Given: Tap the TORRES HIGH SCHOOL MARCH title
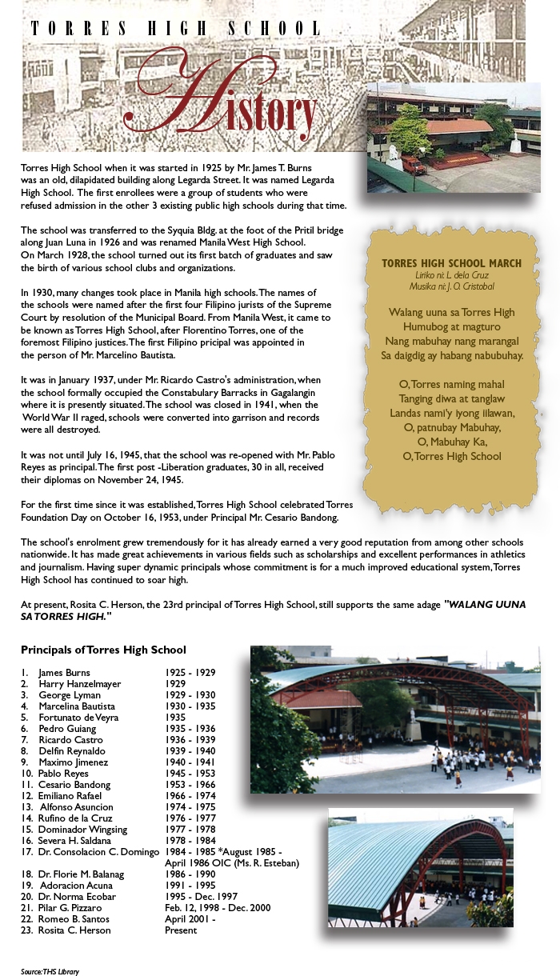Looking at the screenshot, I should point(451,263).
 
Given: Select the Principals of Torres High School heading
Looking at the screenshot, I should point(103,650).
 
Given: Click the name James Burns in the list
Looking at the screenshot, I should point(64,673).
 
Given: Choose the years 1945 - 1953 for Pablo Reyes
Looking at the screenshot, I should point(190,774).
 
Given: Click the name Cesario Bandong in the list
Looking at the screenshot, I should point(74,785).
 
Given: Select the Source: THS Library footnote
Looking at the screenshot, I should point(50,971).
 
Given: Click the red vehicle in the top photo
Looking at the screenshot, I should point(414,165).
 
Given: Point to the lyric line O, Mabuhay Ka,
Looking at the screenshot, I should point(452,442).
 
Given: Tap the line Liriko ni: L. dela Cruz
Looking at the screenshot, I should point(452,275).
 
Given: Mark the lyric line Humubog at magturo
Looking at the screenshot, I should point(451,326).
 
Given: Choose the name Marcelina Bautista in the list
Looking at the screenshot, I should point(76,706).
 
